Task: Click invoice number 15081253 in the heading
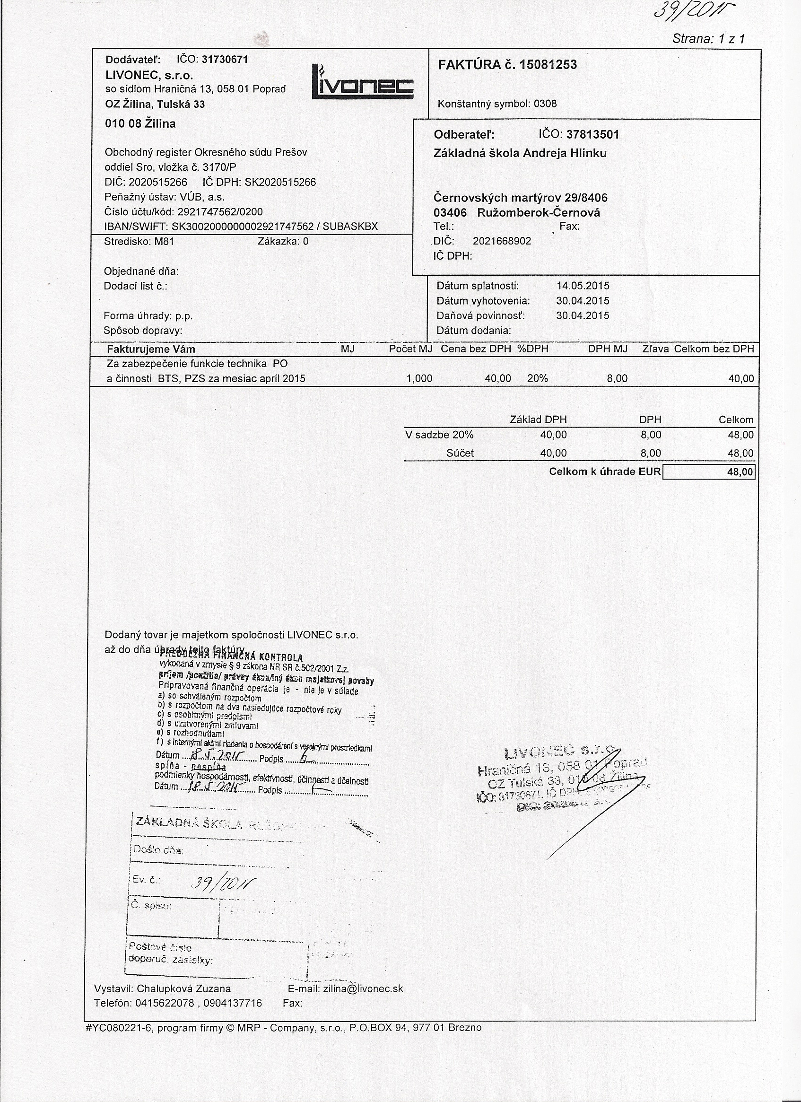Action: coord(548,65)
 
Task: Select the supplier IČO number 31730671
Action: coord(225,60)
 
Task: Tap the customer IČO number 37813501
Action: coord(593,135)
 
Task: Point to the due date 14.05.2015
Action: coord(583,286)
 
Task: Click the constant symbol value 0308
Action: coord(545,104)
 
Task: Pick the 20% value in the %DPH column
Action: coord(537,378)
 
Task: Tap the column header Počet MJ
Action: coord(410,349)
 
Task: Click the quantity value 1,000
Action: coord(419,378)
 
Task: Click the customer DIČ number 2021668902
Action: coord(502,241)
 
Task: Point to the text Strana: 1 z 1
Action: coord(708,39)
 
